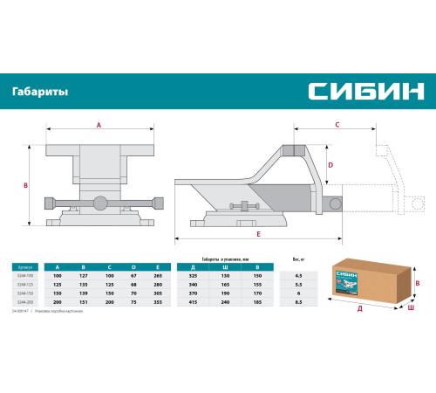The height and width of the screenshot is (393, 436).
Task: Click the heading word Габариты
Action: pos(41,91)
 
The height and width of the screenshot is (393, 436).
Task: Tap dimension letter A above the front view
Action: pos(99,126)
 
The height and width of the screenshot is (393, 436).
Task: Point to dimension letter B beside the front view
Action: pos(27,185)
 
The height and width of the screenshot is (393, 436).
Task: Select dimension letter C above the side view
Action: pos(336,126)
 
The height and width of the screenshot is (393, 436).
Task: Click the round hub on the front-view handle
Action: pos(101,203)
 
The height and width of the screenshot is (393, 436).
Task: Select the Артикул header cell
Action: pos(27,265)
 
